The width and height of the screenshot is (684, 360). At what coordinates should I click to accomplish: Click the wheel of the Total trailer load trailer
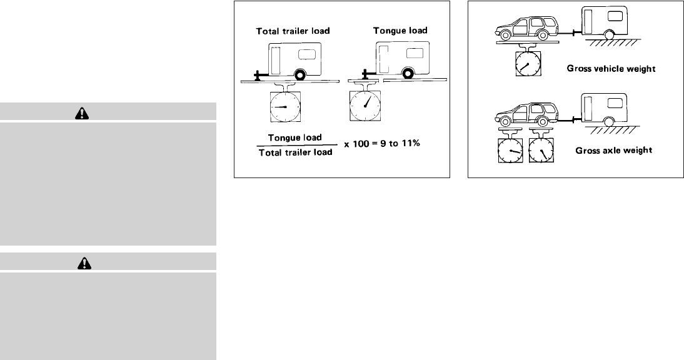[x=299, y=74]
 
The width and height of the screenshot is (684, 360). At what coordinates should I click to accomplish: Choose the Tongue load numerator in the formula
[x=295, y=136]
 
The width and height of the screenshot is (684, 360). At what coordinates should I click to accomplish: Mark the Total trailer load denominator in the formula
[x=295, y=152]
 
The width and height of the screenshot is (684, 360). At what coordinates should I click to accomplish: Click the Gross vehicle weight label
[x=611, y=69]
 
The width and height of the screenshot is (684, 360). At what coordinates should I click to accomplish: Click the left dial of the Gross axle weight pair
[x=511, y=150]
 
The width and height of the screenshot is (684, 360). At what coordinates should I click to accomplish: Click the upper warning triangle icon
[x=83, y=112]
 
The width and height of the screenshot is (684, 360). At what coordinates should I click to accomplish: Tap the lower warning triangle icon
[x=83, y=262]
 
